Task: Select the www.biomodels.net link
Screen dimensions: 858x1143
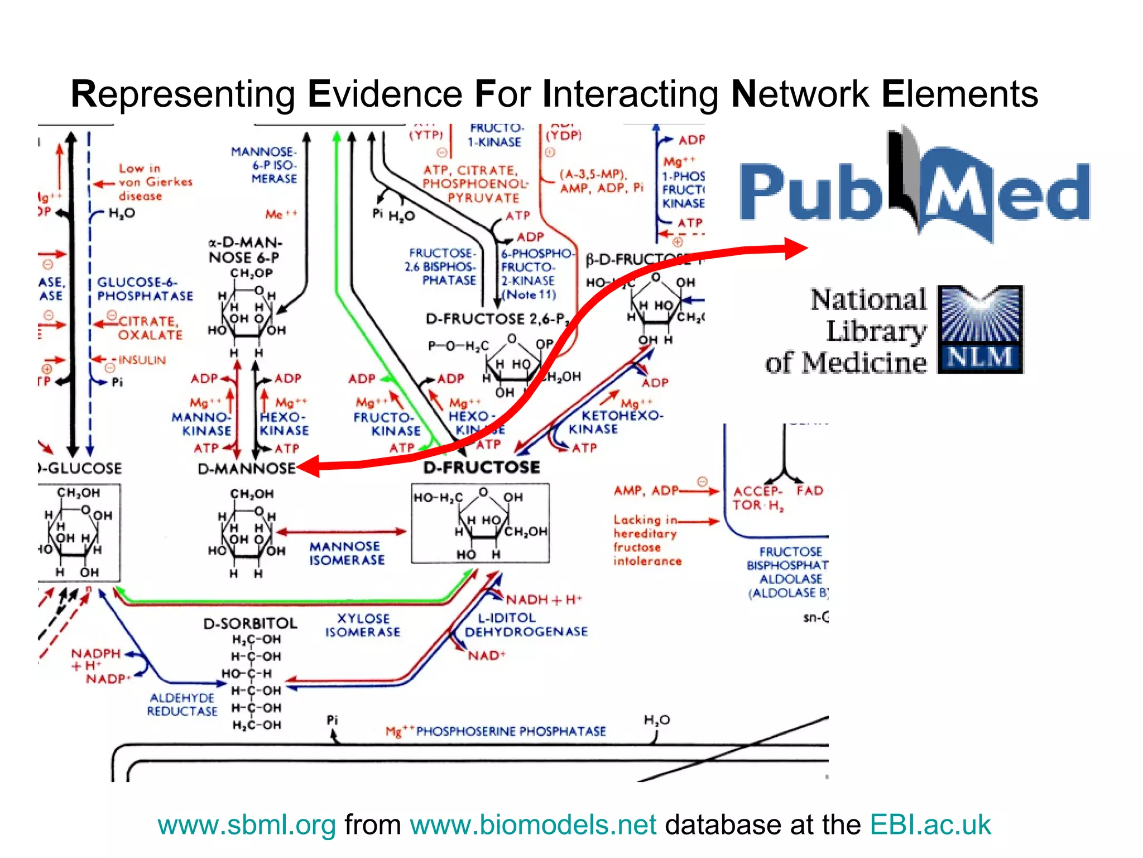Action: click(x=533, y=824)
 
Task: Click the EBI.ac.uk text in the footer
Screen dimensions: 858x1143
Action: click(x=930, y=824)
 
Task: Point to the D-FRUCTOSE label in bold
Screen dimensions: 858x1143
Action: click(x=482, y=467)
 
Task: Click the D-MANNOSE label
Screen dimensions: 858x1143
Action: click(x=246, y=468)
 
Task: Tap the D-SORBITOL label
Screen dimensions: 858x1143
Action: click(x=250, y=623)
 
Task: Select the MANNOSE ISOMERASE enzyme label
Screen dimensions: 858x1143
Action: click(x=347, y=553)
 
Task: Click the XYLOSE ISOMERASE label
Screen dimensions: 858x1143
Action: click(x=363, y=625)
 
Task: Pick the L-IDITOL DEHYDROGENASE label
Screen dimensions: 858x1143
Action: click(x=526, y=625)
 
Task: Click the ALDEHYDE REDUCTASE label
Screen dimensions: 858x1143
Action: click(x=182, y=704)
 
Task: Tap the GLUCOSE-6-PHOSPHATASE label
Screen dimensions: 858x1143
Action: click(x=145, y=289)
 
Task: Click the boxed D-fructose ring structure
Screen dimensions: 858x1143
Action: click(x=481, y=523)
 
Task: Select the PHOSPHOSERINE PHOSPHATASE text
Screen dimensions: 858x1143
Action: click(x=511, y=731)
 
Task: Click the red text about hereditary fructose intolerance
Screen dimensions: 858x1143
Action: click(x=647, y=540)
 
